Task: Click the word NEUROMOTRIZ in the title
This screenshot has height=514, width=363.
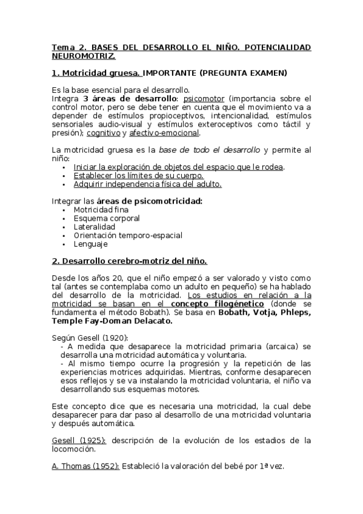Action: pos(83,55)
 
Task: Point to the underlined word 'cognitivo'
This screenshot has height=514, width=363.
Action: pos(103,133)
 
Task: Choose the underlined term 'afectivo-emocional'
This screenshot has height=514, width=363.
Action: pos(164,133)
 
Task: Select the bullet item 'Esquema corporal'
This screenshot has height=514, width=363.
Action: pos(106,218)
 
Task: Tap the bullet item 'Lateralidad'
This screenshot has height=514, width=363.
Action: pos(94,227)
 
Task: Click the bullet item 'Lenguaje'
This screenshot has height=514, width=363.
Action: pos(90,244)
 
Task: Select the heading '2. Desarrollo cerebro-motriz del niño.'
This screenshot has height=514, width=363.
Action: pos(130,262)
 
